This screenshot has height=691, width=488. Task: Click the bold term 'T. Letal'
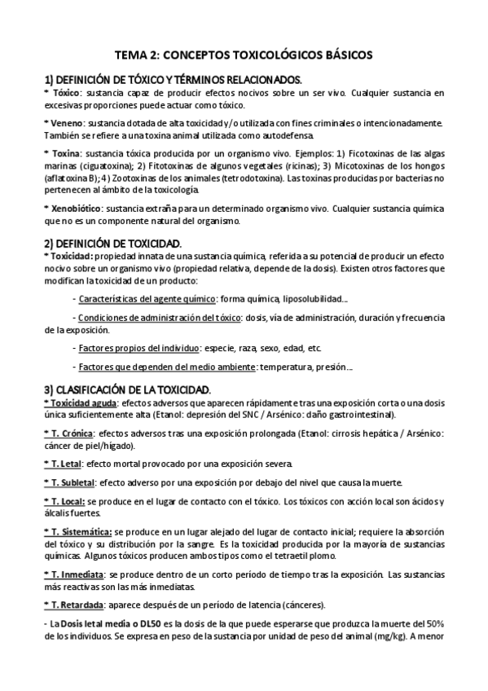pyautogui.click(x=63, y=463)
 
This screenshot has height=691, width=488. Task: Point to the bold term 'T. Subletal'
pyautogui.click(x=70, y=482)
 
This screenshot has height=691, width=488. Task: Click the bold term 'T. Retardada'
pyautogui.click(x=73, y=605)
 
